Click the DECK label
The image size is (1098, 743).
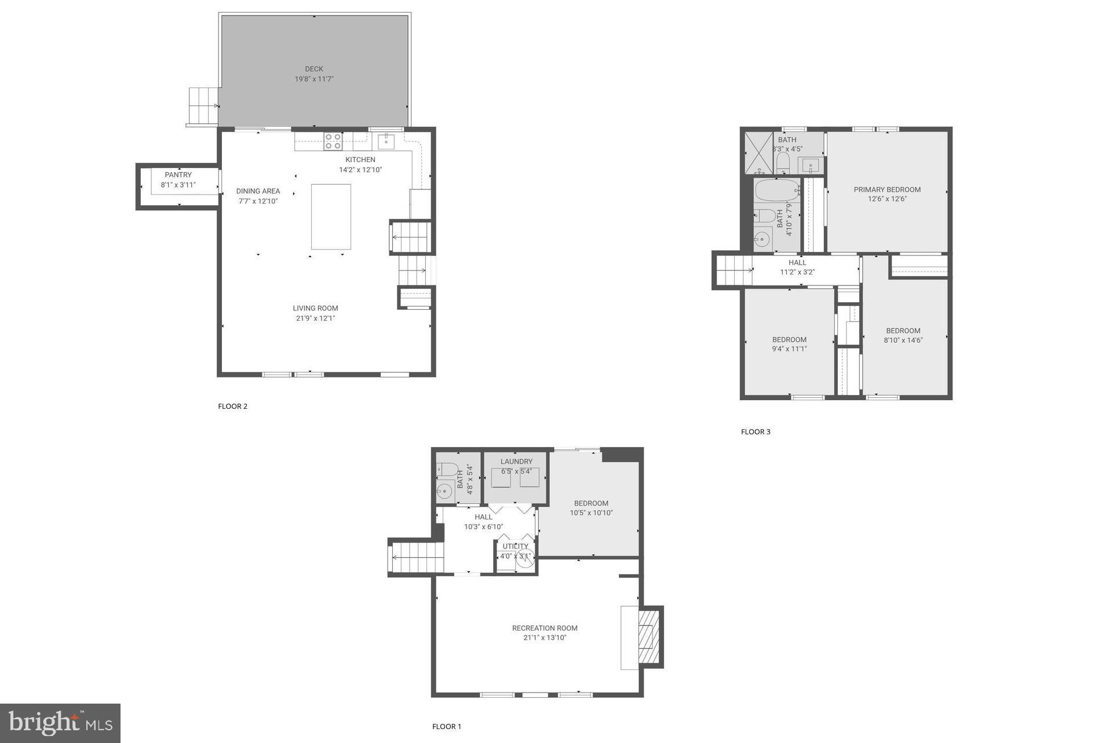click(x=314, y=69)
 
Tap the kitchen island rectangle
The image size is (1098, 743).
click(x=331, y=217)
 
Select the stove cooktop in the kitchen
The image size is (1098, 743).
click(x=333, y=141)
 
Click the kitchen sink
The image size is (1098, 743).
click(x=386, y=141)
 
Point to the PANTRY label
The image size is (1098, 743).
click(x=178, y=175)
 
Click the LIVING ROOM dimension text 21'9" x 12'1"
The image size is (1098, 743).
click(x=315, y=318)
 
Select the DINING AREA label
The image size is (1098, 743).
click(x=258, y=191)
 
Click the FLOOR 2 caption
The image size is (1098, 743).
click(x=232, y=406)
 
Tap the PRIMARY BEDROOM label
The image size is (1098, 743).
click(x=887, y=189)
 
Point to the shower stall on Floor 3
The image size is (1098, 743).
click(x=758, y=153)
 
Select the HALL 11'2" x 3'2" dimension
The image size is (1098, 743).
click(x=797, y=272)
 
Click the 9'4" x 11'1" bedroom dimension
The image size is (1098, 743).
click(x=789, y=349)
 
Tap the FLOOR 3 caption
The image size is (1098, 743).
click(x=756, y=431)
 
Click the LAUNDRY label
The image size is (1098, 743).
click(x=516, y=462)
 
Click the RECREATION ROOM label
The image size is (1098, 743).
click(x=545, y=628)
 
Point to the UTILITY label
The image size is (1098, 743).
click(x=515, y=546)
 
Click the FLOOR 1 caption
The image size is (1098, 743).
click(x=447, y=726)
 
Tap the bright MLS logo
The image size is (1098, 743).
click(x=60, y=723)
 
